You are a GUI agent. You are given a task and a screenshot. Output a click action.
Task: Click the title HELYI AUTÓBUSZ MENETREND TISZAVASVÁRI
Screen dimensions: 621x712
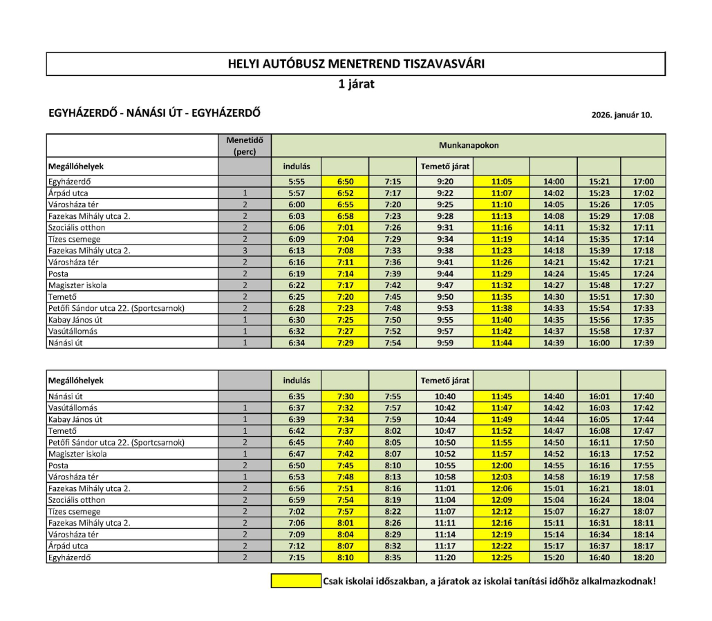tap(356, 64)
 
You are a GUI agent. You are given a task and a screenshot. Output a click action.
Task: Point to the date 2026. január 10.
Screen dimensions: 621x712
tap(621, 115)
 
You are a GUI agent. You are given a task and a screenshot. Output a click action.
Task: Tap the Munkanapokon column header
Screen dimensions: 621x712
tap(469, 146)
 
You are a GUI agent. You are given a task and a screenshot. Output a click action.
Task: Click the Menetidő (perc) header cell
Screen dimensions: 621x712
tap(245, 146)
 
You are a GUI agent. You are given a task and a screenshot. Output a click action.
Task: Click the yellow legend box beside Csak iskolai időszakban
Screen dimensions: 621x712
tap(296, 581)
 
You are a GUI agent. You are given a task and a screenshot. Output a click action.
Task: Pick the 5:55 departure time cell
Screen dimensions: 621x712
tap(297, 182)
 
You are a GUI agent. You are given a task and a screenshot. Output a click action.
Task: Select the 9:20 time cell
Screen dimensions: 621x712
tap(445, 182)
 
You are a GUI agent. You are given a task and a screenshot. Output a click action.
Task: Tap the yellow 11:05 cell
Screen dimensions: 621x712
tap(502, 182)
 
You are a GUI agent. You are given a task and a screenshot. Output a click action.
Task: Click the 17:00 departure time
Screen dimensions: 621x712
tap(643, 182)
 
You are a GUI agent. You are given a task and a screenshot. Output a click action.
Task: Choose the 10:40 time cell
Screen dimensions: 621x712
tap(445, 397)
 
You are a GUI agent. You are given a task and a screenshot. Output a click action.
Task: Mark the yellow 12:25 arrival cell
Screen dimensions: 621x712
tap(502, 557)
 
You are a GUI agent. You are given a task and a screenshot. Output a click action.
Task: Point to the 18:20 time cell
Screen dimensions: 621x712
tap(643, 557)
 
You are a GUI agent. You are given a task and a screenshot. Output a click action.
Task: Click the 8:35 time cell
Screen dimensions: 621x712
tap(392, 557)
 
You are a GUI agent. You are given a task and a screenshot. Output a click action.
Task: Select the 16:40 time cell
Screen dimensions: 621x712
tap(599, 557)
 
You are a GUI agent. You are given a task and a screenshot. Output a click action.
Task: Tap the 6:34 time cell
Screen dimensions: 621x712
tap(297, 343)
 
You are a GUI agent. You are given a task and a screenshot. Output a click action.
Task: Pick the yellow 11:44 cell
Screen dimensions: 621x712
tap(502, 343)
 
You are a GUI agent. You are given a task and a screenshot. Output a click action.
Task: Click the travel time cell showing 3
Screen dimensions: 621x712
tap(245, 251)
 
